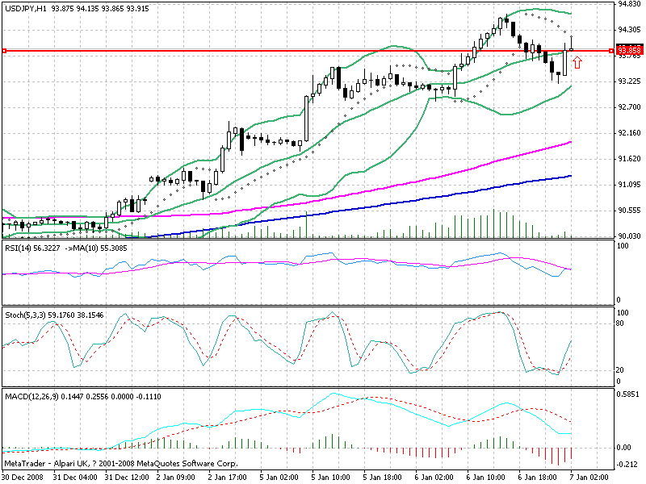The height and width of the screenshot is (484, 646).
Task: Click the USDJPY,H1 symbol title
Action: [24, 8]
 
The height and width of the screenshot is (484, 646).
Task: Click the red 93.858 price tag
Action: [629, 50]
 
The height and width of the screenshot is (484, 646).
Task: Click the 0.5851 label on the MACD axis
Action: [628, 395]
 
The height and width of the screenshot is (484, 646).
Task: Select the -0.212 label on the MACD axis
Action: [627, 464]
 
